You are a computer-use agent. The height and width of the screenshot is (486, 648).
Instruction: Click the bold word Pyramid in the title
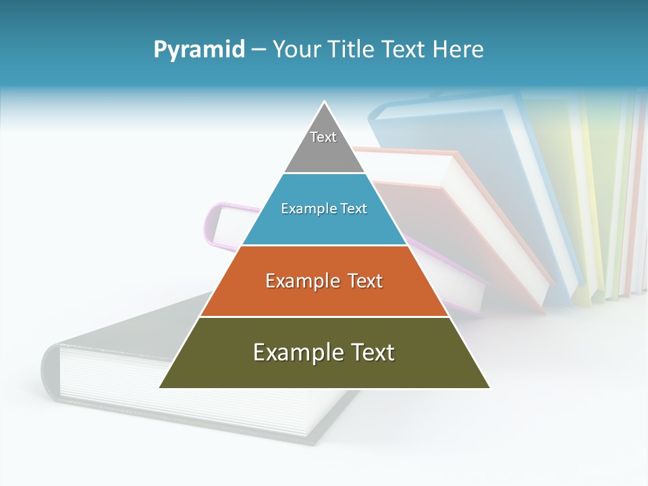click(199, 50)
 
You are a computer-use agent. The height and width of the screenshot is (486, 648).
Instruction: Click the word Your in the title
click(297, 50)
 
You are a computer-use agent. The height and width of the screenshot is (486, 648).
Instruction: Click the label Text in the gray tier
click(323, 137)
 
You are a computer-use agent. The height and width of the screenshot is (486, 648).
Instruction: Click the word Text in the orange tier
click(361, 281)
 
